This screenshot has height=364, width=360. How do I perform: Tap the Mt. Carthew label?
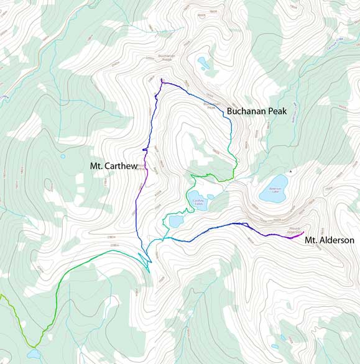(113, 166)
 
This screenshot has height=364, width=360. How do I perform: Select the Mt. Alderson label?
(330, 240)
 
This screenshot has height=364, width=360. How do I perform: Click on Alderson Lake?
(274, 190)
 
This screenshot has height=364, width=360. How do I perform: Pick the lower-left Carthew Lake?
(176, 221)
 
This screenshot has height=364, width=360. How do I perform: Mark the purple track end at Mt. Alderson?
(303, 233)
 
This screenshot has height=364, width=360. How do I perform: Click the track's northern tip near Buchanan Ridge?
(161, 79)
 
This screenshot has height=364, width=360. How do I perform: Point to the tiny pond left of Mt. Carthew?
(63, 156)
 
